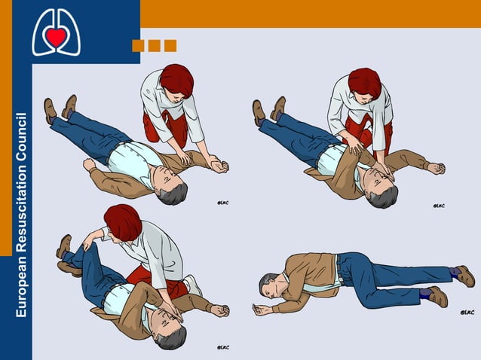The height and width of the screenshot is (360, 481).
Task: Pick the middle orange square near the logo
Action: click(154, 46)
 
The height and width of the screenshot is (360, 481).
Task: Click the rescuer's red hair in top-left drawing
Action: click(176, 78)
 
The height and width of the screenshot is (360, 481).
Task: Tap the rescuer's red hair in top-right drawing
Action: click(364, 82)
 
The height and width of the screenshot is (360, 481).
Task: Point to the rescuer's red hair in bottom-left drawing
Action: click(123, 221)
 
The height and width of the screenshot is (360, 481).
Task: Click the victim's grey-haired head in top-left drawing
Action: click(173, 190)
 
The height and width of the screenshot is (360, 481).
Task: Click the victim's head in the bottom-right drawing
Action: click(268, 285)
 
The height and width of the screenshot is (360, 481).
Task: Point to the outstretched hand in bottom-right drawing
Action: click(262, 310)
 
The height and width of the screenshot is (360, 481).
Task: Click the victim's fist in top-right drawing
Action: click(436, 168)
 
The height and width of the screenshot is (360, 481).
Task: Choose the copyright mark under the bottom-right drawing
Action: click(467, 313)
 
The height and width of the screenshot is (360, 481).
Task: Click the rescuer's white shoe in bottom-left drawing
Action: click(193, 285)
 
